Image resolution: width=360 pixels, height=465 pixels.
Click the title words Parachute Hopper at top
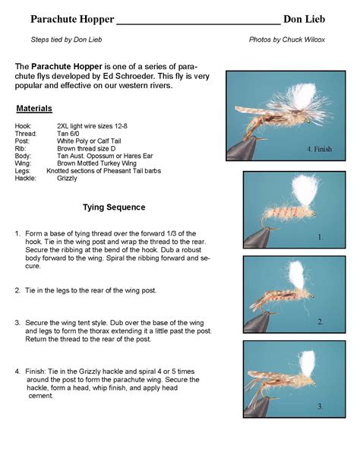point(73,18)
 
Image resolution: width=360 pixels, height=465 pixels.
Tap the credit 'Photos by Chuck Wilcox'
point(287,39)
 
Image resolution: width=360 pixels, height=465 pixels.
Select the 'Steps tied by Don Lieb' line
point(66,39)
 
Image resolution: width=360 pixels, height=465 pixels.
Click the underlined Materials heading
point(34,108)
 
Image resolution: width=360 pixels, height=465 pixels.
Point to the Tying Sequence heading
point(114,207)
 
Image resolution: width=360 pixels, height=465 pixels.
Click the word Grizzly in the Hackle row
point(67,179)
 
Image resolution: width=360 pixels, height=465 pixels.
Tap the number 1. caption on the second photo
point(321,237)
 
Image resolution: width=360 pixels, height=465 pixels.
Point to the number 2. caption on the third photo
point(321,322)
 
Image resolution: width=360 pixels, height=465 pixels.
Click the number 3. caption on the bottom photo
point(321,406)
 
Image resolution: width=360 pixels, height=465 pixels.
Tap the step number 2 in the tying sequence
point(17,289)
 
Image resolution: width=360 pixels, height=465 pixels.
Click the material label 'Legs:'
point(23,171)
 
